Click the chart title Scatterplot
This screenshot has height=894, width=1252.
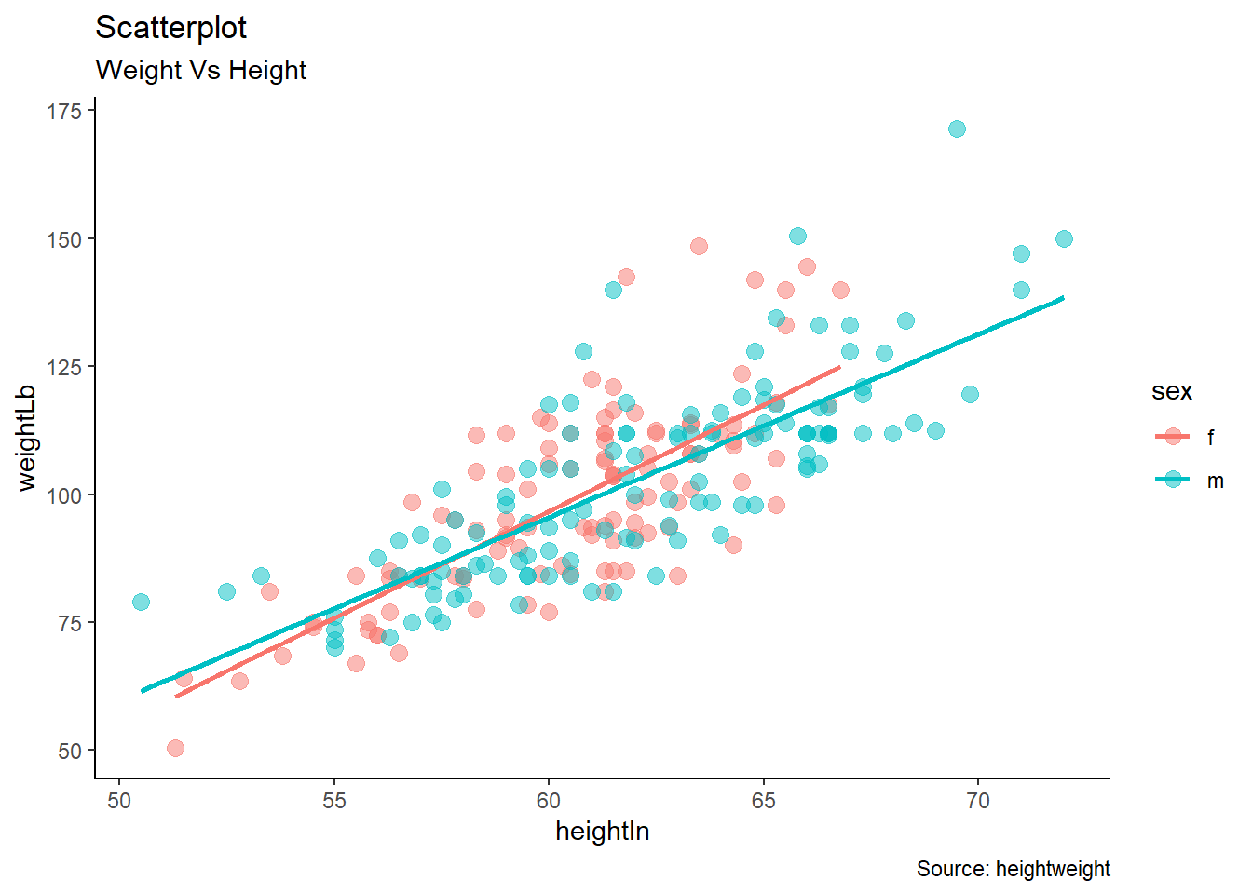[x=170, y=28]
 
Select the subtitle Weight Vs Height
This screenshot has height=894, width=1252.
[x=200, y=70]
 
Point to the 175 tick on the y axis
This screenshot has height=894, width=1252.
[x=64, y=112]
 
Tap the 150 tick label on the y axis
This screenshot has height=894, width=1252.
[x=64, y=239]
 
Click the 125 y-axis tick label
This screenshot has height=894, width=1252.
[x=64, y=367]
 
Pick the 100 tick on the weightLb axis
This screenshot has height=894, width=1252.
[x=64, y=495]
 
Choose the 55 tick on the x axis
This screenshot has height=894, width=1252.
[x=333, y=801]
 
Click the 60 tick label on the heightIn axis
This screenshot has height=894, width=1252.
[x=548, y=801]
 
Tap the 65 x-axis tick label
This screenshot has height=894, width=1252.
[x=763, y=801]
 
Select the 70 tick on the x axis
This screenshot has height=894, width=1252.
[x=977, y=801]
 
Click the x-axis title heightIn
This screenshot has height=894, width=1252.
[x=602, y=832]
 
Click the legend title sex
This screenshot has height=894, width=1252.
[x=1171, y=391]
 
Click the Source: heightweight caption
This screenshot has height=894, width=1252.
[x=1013, y=869]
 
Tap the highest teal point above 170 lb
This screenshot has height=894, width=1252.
[x=957, y=129]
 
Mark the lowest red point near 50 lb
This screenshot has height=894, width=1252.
[x=175, y=748]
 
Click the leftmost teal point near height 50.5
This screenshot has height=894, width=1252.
[x=141, y=602]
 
